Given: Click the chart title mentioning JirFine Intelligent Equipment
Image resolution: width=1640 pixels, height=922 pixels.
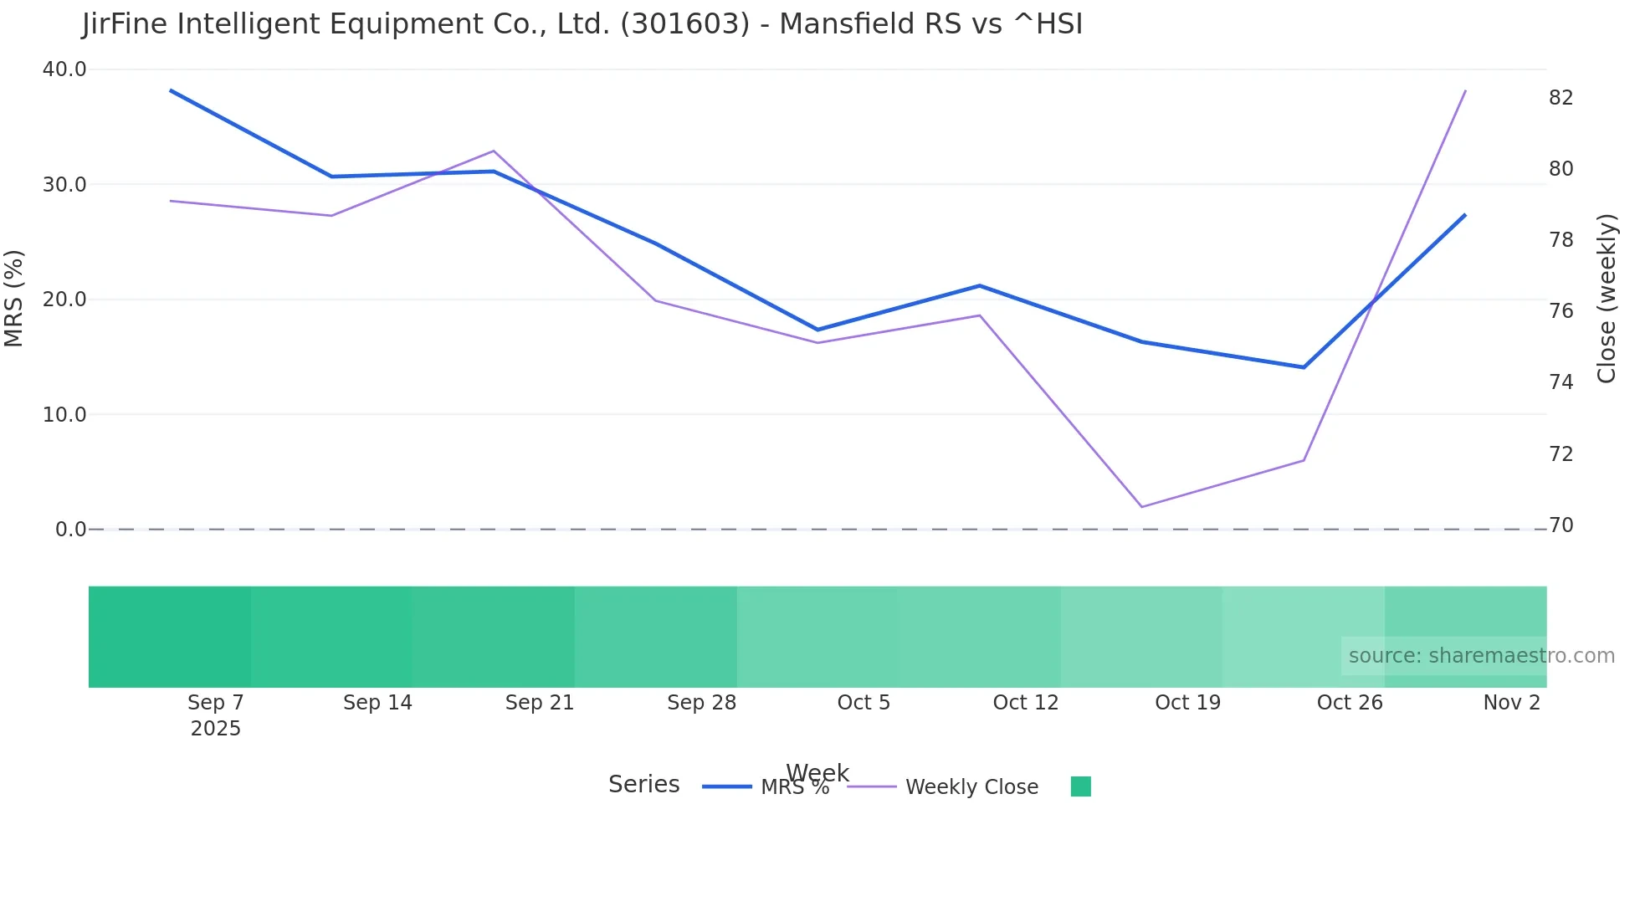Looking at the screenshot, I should tap(582, 24).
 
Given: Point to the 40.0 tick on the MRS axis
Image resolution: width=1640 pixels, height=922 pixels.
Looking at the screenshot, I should tap(64, 69).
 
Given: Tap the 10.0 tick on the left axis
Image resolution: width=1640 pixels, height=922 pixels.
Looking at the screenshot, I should tap(64, 415).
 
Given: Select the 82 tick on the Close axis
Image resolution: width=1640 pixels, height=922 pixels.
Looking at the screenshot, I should tap(1561, 98).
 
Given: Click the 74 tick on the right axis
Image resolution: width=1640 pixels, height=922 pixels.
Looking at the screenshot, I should tap(1561, 382).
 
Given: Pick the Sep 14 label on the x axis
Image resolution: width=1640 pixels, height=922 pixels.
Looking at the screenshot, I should tap(377, 703).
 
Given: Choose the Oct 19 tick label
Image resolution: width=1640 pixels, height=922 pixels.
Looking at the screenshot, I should tap(1187, 703).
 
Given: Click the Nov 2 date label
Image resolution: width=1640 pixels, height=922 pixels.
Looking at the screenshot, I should tap(1511, 703).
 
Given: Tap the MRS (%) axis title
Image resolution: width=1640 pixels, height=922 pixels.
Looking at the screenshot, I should tap(14, 298).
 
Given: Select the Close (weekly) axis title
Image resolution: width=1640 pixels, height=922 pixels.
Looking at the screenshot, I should tap(1607, 298).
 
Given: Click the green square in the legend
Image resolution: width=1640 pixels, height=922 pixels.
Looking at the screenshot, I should tap(1080, 786).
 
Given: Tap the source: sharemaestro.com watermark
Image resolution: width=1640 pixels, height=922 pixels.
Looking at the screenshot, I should tap(1481, 656).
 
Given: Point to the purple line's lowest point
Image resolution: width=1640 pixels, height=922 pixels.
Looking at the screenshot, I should tap(1141, 507).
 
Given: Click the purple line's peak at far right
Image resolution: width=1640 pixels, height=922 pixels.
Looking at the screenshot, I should tap(1465, 90).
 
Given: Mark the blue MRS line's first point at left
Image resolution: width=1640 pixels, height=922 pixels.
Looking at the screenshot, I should tap(171, 90).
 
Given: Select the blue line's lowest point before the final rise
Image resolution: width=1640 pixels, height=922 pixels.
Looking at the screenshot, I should tap(1304, 367).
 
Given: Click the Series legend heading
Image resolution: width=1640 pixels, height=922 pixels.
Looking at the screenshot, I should tap(643, 785).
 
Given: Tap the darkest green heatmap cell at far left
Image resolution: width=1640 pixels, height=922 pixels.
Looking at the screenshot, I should tap(170, 637).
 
